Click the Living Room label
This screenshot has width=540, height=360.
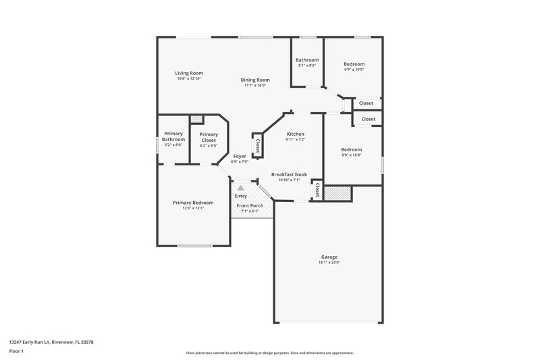point(189,73)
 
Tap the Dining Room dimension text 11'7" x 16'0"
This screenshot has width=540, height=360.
point(254,85)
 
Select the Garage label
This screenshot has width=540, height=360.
point(329,257)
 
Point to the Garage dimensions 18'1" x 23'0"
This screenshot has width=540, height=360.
point(329,263)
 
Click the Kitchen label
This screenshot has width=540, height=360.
point(295,134)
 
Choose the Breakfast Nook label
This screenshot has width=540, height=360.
point(289,174)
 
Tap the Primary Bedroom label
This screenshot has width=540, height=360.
point(193,203)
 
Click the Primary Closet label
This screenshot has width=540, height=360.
point(209,137)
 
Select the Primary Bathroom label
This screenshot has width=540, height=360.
point(173,137)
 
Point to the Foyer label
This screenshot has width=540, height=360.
point(240,156)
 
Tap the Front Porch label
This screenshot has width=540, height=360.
point(250,205)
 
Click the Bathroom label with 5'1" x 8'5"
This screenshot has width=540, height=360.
point(307,60)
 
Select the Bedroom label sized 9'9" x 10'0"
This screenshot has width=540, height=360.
point(354,63)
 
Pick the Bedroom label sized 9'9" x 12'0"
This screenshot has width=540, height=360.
point(351,149)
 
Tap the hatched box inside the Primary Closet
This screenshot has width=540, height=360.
point(196,120)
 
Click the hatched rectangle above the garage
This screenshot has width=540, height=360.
point(337,193)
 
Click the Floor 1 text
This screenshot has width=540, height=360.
point(16,352)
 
